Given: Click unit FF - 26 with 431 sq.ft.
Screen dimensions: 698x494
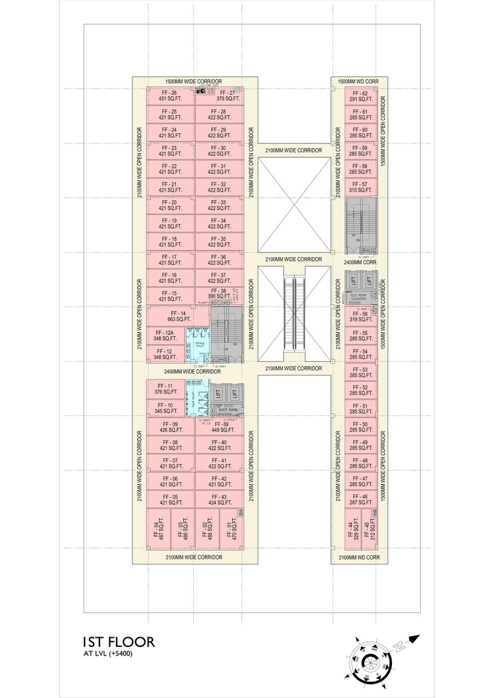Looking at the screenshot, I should [169, 96].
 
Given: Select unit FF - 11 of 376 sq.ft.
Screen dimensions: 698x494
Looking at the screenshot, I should [164, 389].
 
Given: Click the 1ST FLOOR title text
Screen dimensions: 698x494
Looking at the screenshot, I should [118, 642].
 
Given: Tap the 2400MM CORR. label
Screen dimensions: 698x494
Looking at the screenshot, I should [359, 261].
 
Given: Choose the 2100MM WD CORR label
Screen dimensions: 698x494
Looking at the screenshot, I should [359, 557].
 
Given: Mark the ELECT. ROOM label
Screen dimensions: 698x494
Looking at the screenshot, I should [227, 410].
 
